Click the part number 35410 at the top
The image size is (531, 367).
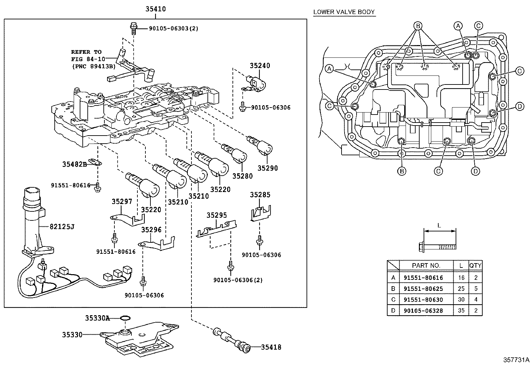tap(155, 9)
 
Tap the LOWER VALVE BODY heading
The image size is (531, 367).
tap(344, 12)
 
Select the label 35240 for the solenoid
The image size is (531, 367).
tap(260, 65)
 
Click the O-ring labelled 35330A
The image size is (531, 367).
tap(125, 318)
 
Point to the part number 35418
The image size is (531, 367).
tap(271, 347)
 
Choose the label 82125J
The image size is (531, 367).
tap(62, 227)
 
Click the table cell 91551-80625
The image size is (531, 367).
tap(423, 289)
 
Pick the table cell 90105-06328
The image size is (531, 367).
tap(423, 311)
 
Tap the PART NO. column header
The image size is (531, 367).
tap(426, 265)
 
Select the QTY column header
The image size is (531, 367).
tap(475, 265)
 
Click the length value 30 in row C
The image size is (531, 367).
tap(461, 300)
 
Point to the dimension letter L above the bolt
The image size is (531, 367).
tap(439, 225)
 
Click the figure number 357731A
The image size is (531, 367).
tap(516, 360)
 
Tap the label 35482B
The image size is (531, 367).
tap(74, 164)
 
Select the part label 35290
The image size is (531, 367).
tap(268, 168)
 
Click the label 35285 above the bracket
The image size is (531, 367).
tap(260, 195)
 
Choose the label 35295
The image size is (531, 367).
tap(217, 215)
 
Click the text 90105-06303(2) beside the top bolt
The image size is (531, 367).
tap(173, 28)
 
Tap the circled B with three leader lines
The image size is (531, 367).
tap(418, 26)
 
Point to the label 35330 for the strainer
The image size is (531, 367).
tap(72, 335)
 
